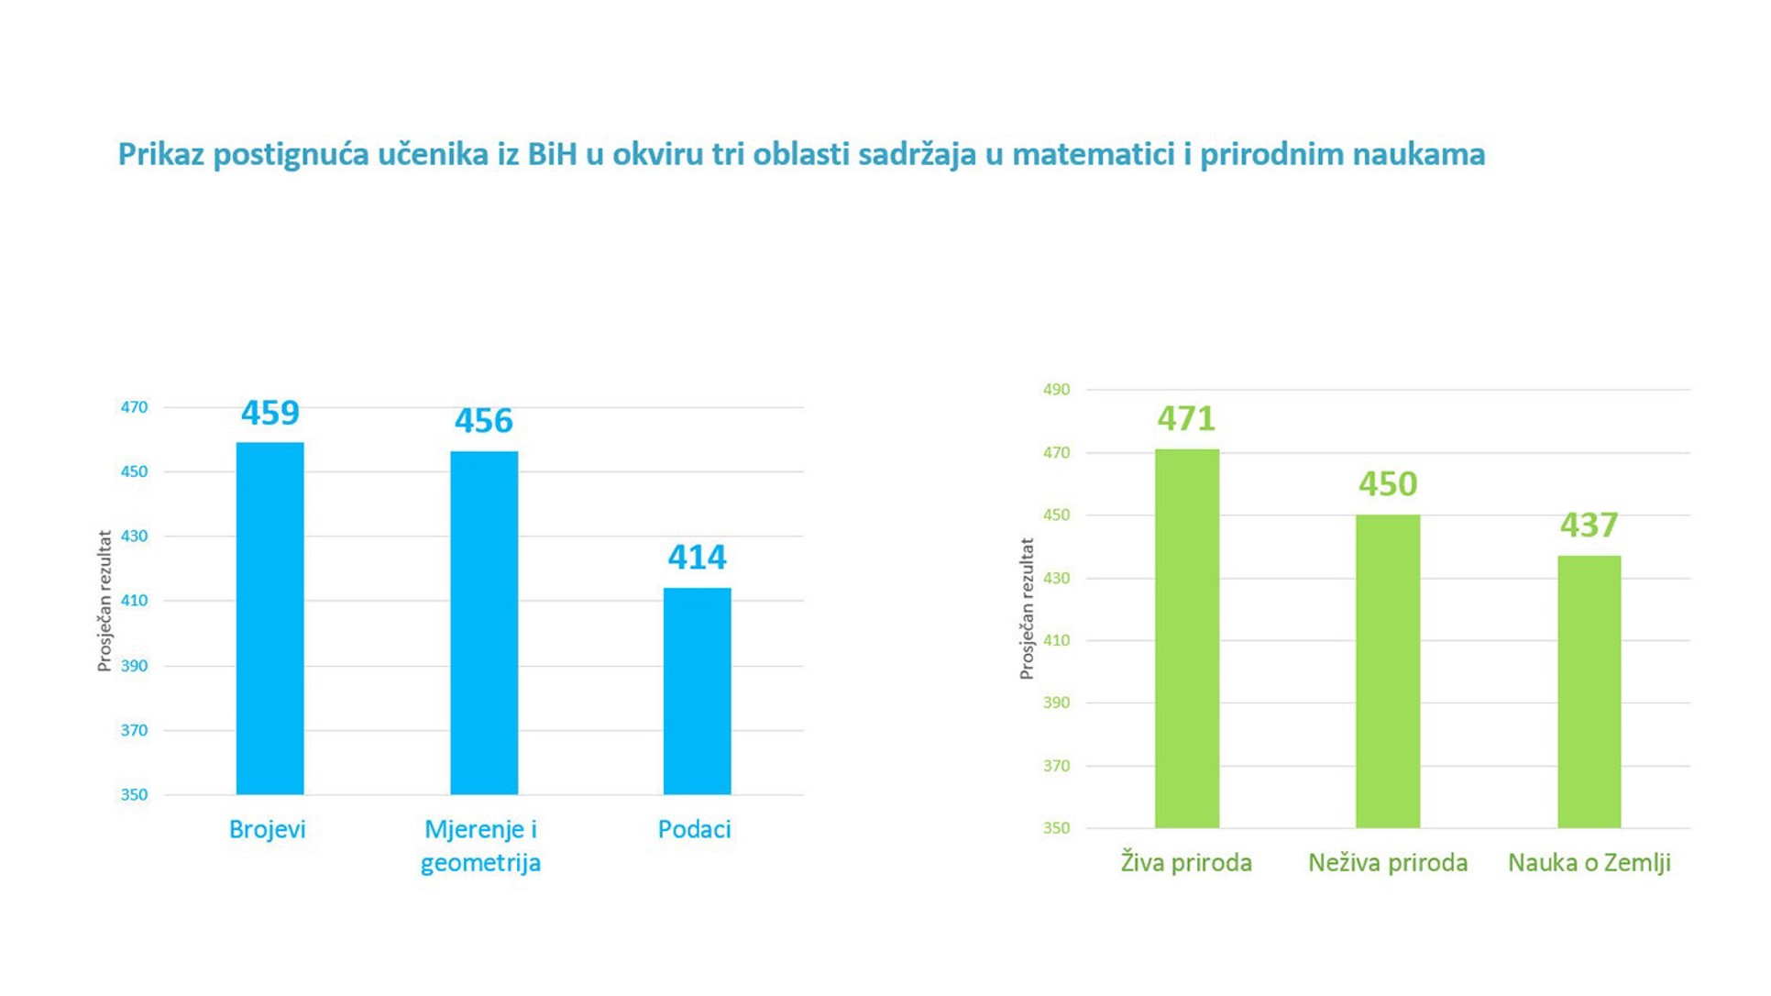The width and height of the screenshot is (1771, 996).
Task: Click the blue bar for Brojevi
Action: (269, 618)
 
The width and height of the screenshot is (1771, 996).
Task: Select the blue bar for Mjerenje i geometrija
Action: (484, 623)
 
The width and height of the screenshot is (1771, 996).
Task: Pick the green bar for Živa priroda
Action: (1186, 638)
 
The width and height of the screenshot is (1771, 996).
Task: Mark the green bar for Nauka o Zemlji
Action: (1589, 692)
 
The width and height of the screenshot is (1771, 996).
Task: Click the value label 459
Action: (269, 413)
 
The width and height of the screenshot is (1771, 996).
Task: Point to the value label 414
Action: (697, 557)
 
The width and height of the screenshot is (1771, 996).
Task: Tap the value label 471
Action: (1186, 419)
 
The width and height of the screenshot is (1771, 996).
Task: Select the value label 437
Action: (1589, 526)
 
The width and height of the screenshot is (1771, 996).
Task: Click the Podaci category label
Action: (694, 829)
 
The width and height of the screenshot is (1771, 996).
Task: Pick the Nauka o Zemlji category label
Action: (1589, 862)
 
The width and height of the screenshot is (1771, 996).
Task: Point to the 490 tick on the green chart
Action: (1056, 390)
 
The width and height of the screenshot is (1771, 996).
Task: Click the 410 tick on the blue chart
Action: (134, 601)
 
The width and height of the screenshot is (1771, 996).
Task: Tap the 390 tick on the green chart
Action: (1056, 703)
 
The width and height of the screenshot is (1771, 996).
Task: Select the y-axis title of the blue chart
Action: (104, 601)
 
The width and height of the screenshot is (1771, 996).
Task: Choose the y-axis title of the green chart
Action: (1027, 608)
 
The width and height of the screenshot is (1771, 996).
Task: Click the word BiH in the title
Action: (552, 154)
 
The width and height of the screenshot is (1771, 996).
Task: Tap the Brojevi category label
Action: (267, 829)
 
